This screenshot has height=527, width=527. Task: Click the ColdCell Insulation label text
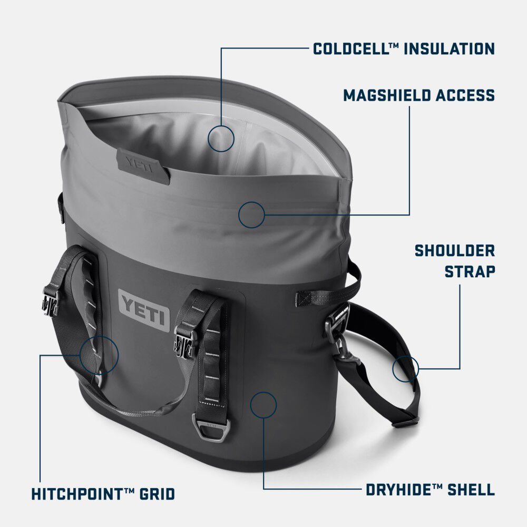[404, 49]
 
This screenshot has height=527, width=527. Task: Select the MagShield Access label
[419, 95]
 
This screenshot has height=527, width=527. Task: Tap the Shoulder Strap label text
[454, 261]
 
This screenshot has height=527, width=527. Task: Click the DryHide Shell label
[430, 490]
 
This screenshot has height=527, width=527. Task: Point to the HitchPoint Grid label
[103, 494]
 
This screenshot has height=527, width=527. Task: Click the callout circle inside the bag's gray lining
[221, 139]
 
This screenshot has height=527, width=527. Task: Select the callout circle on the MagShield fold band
[251, 214]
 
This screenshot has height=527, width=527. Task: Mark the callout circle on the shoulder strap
[405, 368]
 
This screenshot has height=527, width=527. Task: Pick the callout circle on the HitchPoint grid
[100, 355]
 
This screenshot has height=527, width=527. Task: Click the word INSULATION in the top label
[450, 49]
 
